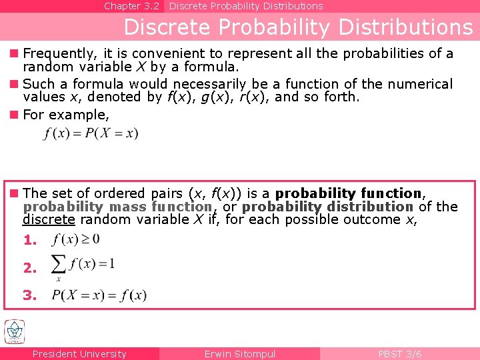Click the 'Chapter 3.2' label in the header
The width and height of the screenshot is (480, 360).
[131, 6]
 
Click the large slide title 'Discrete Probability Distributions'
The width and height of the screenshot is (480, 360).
[298, 27]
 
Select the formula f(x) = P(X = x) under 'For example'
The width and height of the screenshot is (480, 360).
[91, 133]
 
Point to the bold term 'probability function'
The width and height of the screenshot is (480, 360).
[349, 193]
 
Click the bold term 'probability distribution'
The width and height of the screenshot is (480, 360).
[327, 207]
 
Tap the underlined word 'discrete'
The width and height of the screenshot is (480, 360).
[49, 219]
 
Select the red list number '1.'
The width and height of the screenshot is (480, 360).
[30, 240]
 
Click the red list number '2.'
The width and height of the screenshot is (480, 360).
[30, 268]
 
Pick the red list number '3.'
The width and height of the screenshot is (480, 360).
[30, 295]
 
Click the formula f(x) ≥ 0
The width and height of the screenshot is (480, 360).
[76, 239]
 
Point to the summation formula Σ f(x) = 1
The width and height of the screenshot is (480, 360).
[83, 265]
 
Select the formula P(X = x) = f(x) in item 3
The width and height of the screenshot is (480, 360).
[99, 295]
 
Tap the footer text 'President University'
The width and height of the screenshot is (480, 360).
[79, 354]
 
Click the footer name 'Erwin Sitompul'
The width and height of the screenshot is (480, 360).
[240, 354]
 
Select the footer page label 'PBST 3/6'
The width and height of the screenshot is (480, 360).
[400, 354]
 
